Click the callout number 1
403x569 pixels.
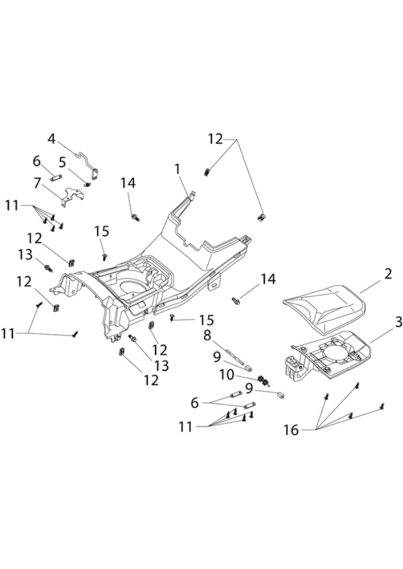[x=177, y=169]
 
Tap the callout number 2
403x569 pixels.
[x=387, y=274]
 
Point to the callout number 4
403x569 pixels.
[x=52, y=139]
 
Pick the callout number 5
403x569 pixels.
[x=62, y=162]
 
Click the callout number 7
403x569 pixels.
[x=37, y=183]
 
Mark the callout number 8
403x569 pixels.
[x=207, y=336]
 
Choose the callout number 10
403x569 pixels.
[x=227, y=375]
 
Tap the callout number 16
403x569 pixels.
[x=291, y=430]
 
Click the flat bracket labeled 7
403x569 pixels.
[x=72, y=197]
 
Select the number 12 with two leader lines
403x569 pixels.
[x=215, y=139]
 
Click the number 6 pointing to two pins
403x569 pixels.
[x=195, y=403]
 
